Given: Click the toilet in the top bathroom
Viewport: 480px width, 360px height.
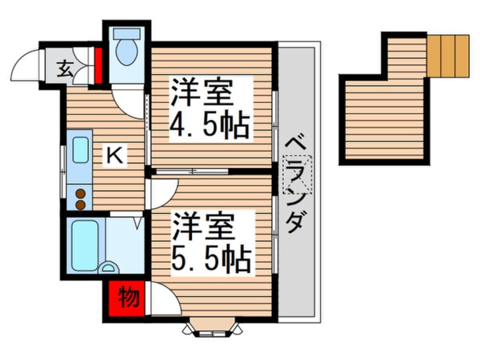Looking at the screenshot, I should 125,50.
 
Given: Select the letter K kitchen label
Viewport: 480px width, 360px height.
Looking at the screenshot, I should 115,154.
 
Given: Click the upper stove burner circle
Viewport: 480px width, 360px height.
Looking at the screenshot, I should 81,193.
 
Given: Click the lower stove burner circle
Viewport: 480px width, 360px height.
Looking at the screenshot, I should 81,203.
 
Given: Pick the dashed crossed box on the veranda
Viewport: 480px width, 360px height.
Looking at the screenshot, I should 297,177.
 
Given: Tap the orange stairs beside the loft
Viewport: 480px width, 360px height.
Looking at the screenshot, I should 448,56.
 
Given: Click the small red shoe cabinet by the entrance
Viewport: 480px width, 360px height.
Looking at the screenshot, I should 98,66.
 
